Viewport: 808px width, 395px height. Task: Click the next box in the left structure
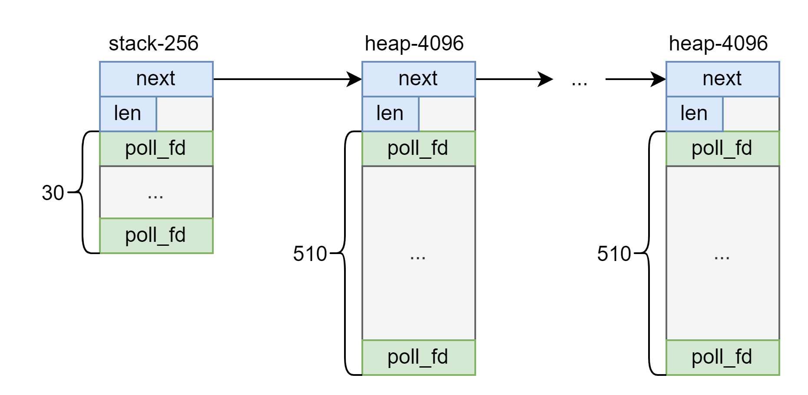click(x=156, y=79)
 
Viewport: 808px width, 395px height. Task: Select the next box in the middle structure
click(x=419, y=79)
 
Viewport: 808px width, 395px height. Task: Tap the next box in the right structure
click(x=723, y=79)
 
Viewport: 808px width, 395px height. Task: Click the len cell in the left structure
click(x=128, y=114)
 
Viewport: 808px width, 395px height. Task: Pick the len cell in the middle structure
click(x=391, y=114)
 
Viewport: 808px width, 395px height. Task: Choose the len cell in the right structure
click(x=695, y=114)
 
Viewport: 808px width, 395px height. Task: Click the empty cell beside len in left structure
click(x=185, y=114)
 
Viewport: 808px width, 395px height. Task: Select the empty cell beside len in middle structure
click(x=447, y=114)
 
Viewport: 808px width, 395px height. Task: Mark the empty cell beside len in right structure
click(x=751, y=114)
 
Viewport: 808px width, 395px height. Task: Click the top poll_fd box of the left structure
click(x=156, y=148)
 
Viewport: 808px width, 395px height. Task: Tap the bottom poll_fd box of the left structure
click(x=156, y=235)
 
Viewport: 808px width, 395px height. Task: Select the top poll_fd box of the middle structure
click(x=419, y=148)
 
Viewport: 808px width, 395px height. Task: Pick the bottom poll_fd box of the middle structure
click(x=419, y=357)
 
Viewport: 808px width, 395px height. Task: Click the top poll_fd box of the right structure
click(x=723, y=148)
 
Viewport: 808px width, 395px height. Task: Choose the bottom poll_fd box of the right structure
click(x=723, y=357)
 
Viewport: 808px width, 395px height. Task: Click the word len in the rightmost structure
click(x=694, y=114)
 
